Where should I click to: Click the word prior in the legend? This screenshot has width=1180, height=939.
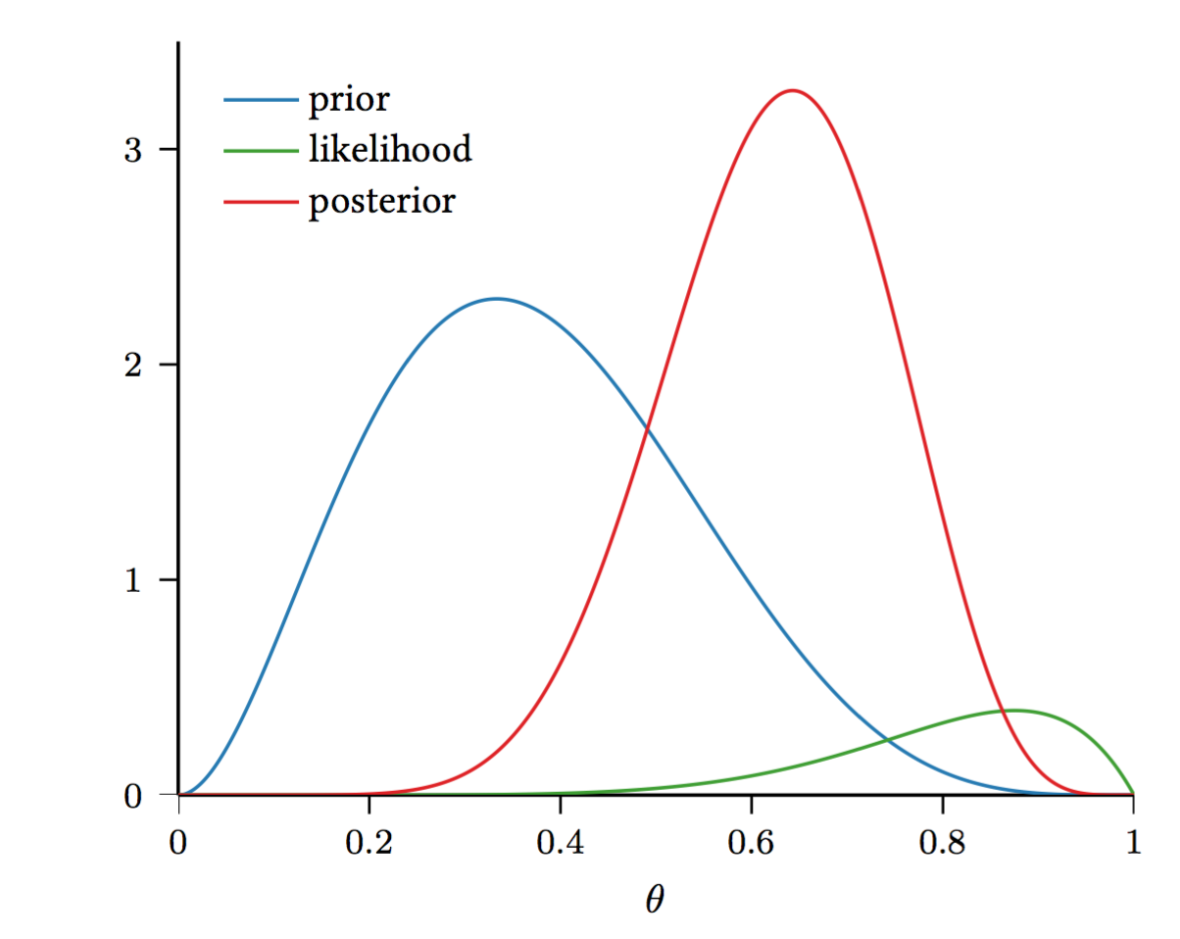pos(349,100)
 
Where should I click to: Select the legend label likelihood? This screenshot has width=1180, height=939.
pos(390,150)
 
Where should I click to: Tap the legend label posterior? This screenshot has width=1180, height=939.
pos(381,202)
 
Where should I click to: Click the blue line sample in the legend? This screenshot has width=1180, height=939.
pos(260,99)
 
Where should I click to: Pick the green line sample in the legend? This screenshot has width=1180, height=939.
pos(260,150)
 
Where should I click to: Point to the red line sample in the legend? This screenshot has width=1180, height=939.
pos(260,201)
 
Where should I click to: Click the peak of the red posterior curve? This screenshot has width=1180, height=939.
pos(792,90)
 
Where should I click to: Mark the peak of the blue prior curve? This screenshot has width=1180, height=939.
pos(496,298)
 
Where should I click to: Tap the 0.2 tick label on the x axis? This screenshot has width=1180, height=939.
pos(369,844)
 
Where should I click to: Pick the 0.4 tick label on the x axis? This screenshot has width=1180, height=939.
pos(560,844)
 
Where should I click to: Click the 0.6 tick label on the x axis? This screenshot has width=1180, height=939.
pos(751,844)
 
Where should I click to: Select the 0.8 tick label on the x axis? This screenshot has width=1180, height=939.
pos(942,844)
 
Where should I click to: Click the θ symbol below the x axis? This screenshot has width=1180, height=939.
pos(655,899)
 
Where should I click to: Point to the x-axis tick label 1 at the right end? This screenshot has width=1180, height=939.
pos(1133,844)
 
